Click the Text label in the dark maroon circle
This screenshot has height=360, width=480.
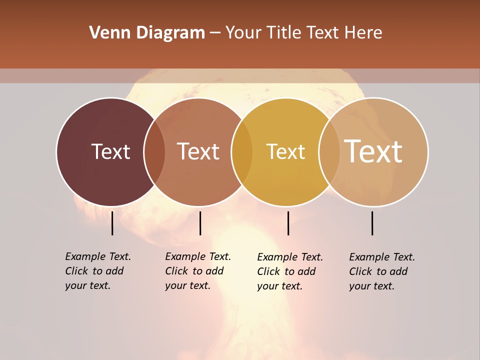pos(110,151)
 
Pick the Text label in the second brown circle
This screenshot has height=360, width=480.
pos(198,151)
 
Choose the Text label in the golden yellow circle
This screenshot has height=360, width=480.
pos(285,151)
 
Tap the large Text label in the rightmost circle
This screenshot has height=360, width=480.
pos(373,151)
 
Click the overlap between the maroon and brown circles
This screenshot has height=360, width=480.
pos(154,152)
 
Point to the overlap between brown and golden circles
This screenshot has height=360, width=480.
pos(242,152)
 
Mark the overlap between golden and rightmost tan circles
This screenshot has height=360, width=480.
pos(329,152)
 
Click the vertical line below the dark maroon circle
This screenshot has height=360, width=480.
pos(112,223)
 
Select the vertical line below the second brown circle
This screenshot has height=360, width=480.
pos(200,223)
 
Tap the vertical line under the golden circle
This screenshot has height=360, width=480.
pos(288,223)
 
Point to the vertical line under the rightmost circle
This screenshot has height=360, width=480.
pos(372,223)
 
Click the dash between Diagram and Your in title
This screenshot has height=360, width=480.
pos(215,33)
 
